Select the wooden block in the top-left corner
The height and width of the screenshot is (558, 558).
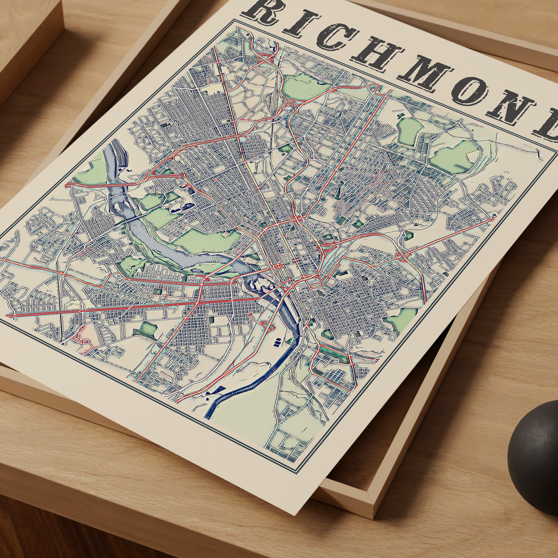pos(26,43)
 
